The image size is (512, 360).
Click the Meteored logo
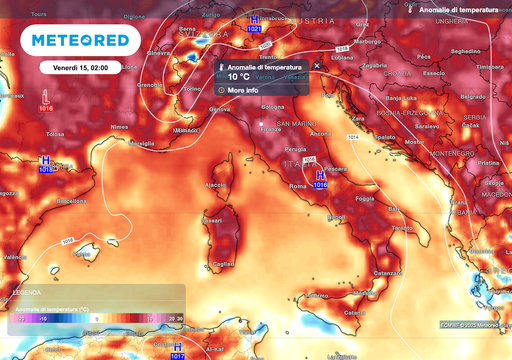pyautogui.click(x=80, y=40)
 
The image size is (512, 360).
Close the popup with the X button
pyautogui.click(x=317, y=65)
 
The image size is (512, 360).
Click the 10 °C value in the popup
pyautogui.click(x=238, y=76)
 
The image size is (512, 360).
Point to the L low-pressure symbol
pyautogui.click(x=47, y=97)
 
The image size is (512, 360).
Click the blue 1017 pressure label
pyautogui.click(x=178, y=355)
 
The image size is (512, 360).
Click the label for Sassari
pyautogui.click(x=211, y=218)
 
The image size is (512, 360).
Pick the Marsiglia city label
pyautogui.click(x=144, y=143)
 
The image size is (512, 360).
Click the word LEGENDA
pyautogui.click(x=27, y=292)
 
